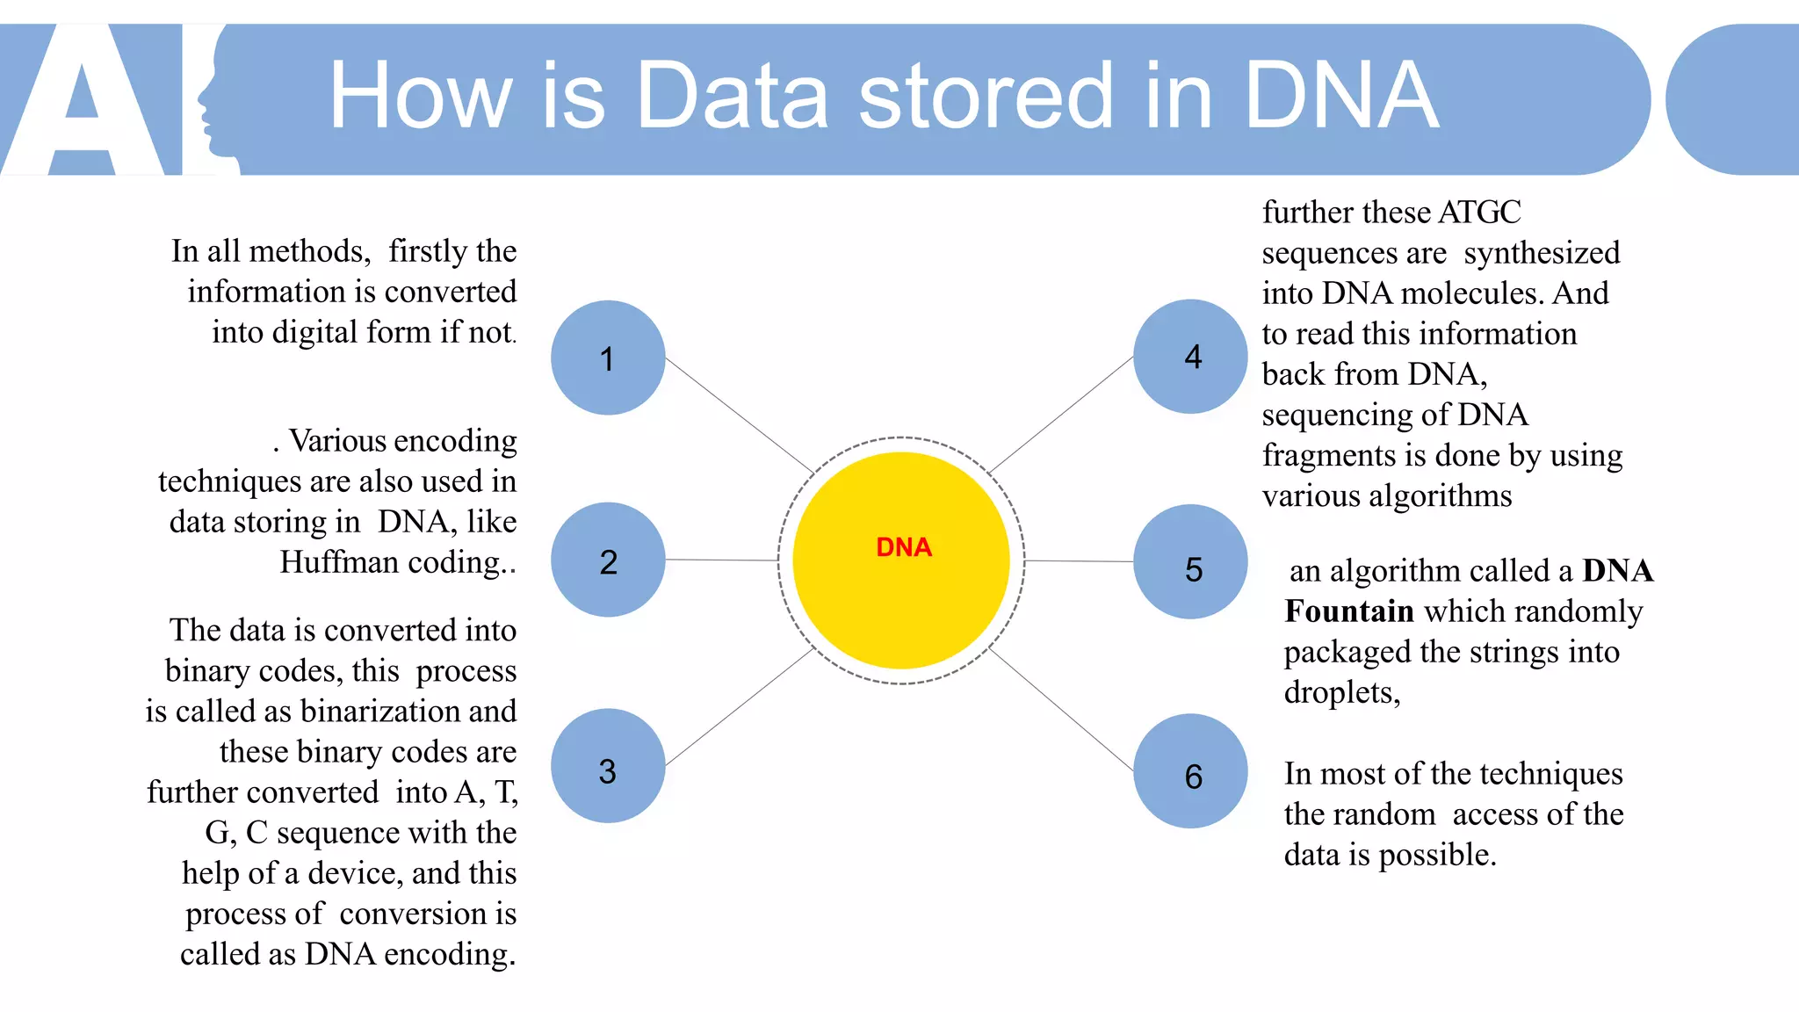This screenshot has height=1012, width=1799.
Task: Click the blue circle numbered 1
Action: (608, 358)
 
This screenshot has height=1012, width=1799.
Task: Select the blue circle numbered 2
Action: (608, 560)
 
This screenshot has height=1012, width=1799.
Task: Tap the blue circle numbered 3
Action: (608, 766)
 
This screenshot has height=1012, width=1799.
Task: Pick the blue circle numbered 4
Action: (1190, 357)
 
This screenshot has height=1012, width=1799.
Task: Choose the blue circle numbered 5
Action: (1190, 562)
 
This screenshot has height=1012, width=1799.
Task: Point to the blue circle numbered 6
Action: (1190, 771)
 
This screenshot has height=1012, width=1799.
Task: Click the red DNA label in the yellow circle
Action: (903, 547)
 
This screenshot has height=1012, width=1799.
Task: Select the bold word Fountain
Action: (1349, 611)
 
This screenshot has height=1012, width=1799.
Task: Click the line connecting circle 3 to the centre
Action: (738, 708)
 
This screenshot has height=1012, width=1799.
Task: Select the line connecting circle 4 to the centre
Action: (1061, 415)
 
